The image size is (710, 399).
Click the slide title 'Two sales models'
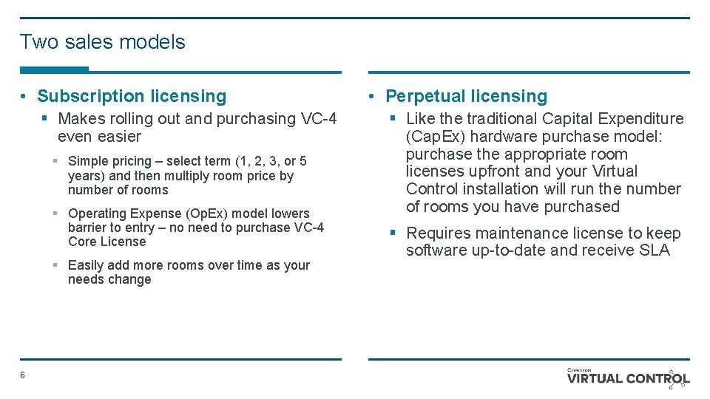tap(102, 42)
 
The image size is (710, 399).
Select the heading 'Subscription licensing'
tap(132, 96)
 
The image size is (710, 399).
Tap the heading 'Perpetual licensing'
tap(467, 96)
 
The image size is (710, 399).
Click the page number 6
tap(22, 375)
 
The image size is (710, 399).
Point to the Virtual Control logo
tap(628, 378)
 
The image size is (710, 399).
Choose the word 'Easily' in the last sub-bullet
tap(86, 265)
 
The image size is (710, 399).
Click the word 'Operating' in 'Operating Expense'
tap(97, 214)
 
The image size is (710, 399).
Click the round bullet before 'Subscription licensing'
tap(24, 97)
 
